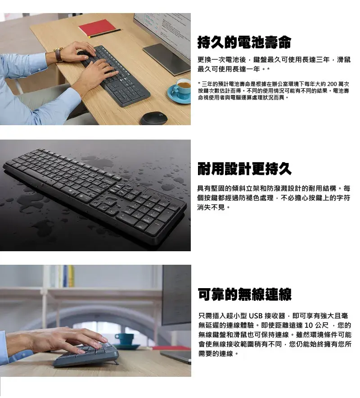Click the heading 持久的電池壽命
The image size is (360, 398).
click(x=244, y=43)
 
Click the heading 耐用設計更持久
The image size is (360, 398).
click(x=244, y=169)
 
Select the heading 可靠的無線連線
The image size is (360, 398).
click(x=244, y=294)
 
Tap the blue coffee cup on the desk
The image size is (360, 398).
click(x=182, y=88)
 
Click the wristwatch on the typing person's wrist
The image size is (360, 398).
click(x=58, y=54)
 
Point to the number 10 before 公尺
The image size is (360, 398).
click(x=309, y=325)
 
